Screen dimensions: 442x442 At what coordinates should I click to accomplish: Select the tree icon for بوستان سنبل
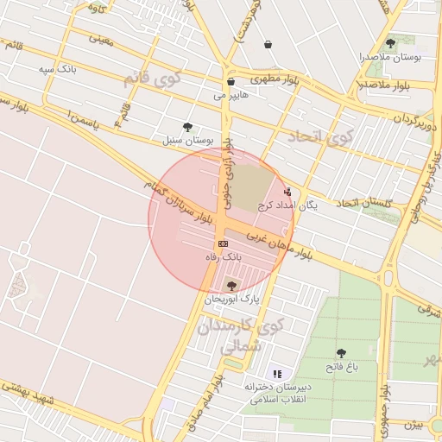(x=187, y=126)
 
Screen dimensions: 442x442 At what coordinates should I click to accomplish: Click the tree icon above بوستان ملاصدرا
(x=391, y=42)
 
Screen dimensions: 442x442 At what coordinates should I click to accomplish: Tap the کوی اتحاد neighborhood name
(x=331, y=136)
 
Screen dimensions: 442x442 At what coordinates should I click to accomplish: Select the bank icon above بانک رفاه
(x=224, y=245)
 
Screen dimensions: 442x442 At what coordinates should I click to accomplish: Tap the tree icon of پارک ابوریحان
(x=230, y=285)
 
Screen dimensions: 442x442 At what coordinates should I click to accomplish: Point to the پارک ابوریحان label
(x=232, y=299)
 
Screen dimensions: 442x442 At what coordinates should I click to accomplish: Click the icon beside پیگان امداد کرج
(x=287, y=192)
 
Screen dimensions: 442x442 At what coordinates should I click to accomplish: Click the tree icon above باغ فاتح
(x=341, y=352)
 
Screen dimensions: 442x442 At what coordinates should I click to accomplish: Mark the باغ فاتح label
(x=342, y=366)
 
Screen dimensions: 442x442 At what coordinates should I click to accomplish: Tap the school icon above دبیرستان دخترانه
(x=277, y=374)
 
